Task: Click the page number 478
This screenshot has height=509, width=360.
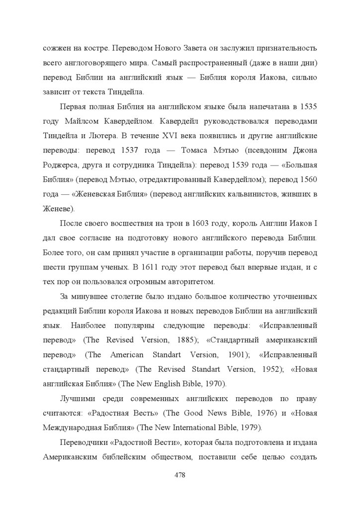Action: pyautogui.click(x=180, y=475)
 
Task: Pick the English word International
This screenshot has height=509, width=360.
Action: pyautogui.click(x=187, y=427)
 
